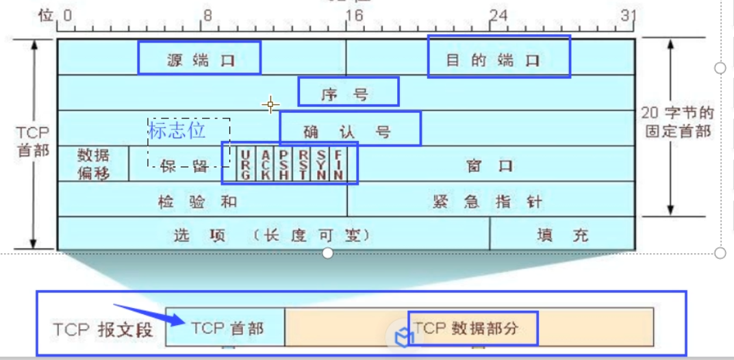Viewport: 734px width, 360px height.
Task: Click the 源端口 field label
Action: point(200,60)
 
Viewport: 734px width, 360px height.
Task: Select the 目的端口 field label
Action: point(493,60)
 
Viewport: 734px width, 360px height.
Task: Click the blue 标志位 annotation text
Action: point(176,130)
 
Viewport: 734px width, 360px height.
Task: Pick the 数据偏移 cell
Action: point(93,164)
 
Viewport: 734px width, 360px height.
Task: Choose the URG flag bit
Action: point(244,165)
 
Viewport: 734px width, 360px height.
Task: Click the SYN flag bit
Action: point(321,165)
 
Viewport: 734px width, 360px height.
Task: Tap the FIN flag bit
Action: point(338,165)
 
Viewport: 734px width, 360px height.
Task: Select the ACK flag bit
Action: point(265,165)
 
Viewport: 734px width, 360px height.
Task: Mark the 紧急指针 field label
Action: point(487,202)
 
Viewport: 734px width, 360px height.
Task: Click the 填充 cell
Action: point(562,236)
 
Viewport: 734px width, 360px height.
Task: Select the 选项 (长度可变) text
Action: point(273,236)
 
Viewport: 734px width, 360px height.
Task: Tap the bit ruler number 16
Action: point(354,16)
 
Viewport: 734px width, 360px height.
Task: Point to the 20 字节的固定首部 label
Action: point(679,122)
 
